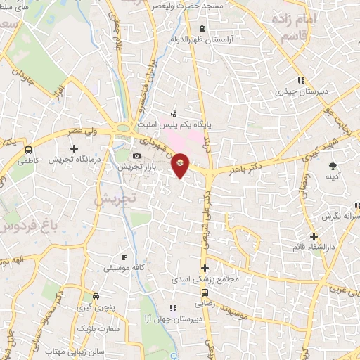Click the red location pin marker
tap(180, 165)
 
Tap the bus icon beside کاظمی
tap(28, 149)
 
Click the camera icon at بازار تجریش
tap(136, 155)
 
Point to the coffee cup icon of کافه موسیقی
tap(124, 257)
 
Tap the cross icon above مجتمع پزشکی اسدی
tap(205, 268)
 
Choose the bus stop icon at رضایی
tap(205, 292)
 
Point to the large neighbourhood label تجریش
tap(111, 200)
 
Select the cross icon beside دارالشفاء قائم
tap(314, 236)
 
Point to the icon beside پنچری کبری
tap(103, 295)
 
